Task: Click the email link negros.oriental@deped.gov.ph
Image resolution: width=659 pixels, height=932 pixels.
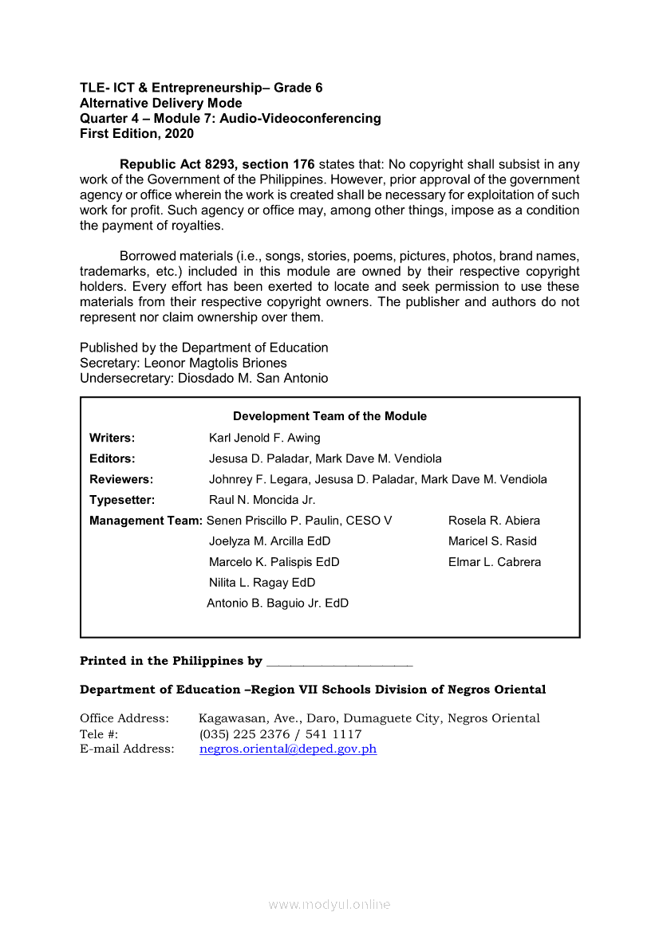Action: (287, 749)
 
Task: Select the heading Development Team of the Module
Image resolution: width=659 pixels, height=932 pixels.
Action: (329, 416)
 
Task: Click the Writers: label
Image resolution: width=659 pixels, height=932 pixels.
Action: (112, 438)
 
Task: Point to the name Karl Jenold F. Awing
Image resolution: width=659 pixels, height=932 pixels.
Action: (264, 438)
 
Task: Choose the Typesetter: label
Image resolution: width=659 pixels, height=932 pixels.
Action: (122, 500)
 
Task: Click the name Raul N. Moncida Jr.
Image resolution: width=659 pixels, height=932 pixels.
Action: (262, 500)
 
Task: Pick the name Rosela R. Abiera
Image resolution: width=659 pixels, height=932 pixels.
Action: (494, 521)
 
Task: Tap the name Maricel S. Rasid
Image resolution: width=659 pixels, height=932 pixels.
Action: (492, 541)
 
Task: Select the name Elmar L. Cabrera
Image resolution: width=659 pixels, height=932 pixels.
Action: (494, 562)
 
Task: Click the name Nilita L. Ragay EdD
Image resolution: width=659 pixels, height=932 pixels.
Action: (262, 583)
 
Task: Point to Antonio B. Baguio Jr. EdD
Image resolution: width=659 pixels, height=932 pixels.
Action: (277, 604)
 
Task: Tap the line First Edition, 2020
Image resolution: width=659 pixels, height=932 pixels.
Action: (136, 134)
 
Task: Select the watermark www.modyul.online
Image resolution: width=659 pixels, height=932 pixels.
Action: (329, 904)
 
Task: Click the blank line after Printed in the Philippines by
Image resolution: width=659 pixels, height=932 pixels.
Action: (339, 662)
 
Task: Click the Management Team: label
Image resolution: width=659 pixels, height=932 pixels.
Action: (146, 521)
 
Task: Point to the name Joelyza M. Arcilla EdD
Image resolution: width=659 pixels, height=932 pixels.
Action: (269, 541)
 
